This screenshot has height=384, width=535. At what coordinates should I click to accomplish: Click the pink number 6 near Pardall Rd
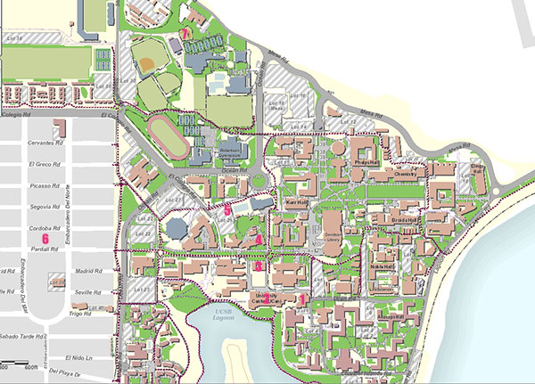pos(44,238)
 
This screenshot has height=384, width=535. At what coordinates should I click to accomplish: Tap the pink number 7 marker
pos(185,33)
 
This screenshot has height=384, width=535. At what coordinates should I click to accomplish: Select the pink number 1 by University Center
pos(303,299)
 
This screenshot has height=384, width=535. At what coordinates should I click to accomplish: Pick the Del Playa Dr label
pos(66,373)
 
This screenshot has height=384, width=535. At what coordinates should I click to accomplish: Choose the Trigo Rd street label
pos(80,314)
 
